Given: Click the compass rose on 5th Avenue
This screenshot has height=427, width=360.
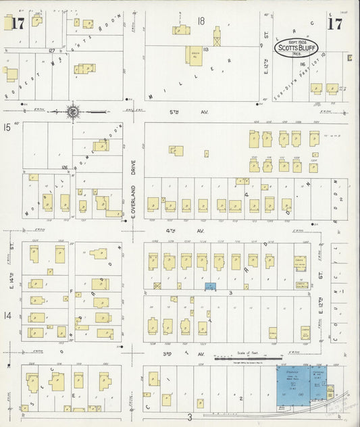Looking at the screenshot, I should [x=72, y=111].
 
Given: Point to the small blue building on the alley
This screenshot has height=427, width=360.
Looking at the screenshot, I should [x=210, y=287].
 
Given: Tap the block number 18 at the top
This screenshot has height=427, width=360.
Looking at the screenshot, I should [x=201, y=21].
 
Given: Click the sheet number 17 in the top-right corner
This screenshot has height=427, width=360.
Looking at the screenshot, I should [x=334, y=24].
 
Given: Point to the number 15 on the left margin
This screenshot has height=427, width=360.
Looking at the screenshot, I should [x=7, y=126].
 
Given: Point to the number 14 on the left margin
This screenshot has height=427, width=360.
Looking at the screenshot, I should [x=7, y=316].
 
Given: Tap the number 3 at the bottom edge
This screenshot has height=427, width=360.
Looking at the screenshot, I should [x=190, y=417].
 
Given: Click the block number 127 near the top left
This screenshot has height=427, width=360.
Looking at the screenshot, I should [x=51, y=50].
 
